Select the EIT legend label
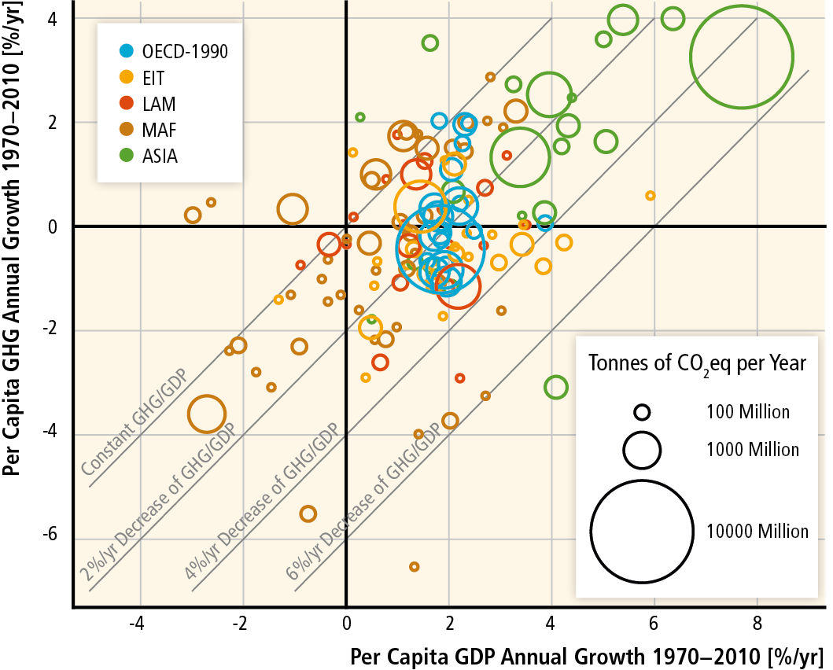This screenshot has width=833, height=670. click(155, 78)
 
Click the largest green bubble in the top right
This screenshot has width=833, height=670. click(742, 57)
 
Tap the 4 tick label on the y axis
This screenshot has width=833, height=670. click(55, 18)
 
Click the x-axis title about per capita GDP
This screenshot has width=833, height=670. click(586, 654)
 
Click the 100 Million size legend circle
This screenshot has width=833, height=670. click(642, 411)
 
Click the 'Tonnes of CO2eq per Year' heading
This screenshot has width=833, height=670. click(697, 363)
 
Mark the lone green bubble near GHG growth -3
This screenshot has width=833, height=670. click(555, 387)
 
